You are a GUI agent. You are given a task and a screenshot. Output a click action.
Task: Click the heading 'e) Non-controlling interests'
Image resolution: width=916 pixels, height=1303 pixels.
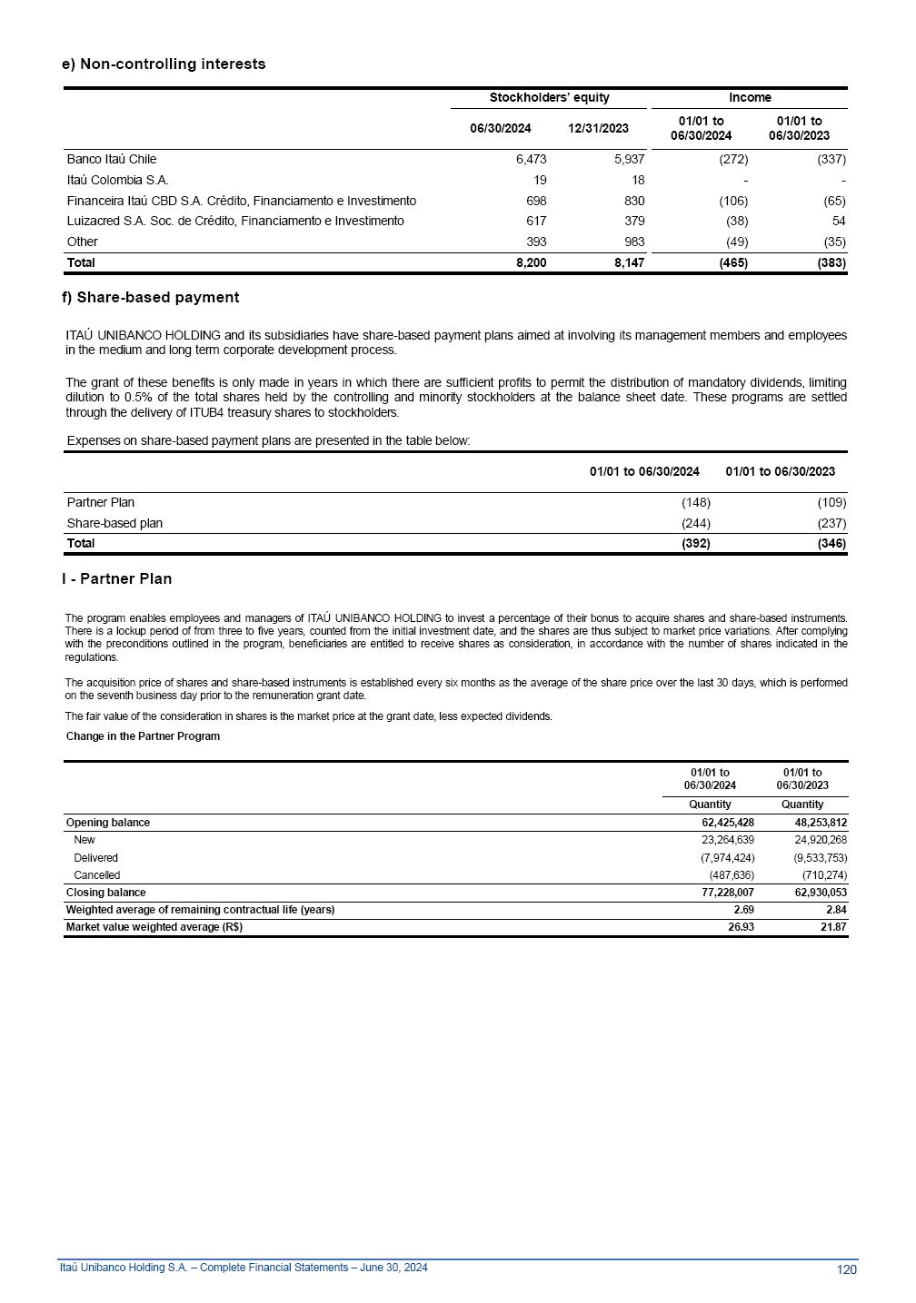pos(164,64)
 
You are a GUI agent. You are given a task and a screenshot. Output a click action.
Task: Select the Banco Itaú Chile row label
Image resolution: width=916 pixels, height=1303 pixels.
pos(111,159)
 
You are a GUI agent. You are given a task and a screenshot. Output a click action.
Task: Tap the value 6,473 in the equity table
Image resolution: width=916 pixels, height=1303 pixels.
pos(530,159)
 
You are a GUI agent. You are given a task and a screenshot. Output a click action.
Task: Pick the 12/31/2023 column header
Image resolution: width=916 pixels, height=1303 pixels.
pos(598,128)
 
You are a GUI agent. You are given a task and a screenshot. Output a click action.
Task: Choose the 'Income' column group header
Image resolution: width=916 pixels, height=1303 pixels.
pos(750,98)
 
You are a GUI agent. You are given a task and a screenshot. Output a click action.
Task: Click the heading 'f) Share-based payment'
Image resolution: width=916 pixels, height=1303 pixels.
pos(151,298)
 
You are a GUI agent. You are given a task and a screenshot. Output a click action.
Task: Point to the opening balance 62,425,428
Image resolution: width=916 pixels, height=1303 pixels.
pos(722,823)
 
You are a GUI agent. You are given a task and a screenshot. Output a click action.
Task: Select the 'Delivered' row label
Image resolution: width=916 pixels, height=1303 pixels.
pos(95,858)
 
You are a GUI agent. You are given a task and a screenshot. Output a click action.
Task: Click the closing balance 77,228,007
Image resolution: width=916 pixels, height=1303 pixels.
pos(722,893)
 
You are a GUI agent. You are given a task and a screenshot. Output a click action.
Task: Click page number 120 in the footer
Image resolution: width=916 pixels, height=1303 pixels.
pos(846,1269)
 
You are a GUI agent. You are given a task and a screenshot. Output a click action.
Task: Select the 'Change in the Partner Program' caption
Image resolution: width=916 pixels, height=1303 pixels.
pos(143,736)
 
